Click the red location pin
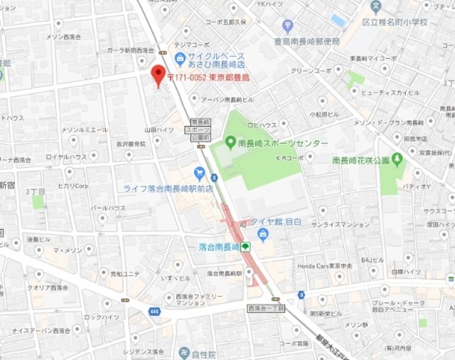point(158,74)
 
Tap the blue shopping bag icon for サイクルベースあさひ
point(180,58)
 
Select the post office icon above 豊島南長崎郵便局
point(287,26)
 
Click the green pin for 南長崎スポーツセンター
point(230,142)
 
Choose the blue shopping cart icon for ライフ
point(200,172)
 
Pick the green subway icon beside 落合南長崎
point(245,247)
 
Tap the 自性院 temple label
point(203,353)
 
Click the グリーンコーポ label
point(311,70)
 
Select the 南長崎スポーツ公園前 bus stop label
point(198,130)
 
